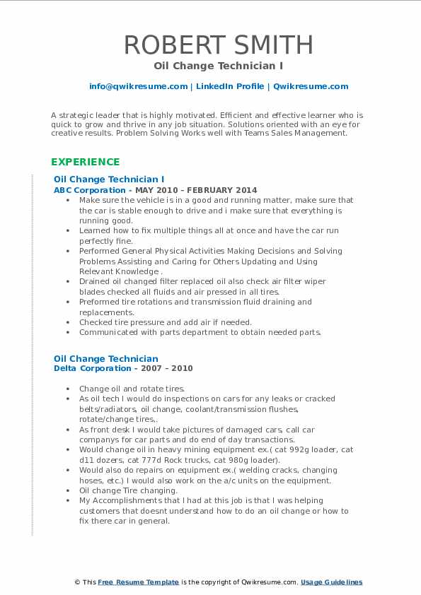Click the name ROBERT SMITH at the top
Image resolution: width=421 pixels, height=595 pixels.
(x=219, y=45)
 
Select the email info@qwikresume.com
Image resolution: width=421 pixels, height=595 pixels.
(x=138, y=86)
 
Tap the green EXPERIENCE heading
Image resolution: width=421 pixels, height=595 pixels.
(x=85, y=162)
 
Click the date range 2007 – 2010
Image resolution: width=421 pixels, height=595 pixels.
(x=169, y=368)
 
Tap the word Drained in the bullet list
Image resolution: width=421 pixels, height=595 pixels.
(x=93, y=281)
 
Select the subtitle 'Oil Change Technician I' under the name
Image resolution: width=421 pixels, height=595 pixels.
(x=219, y=66)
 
